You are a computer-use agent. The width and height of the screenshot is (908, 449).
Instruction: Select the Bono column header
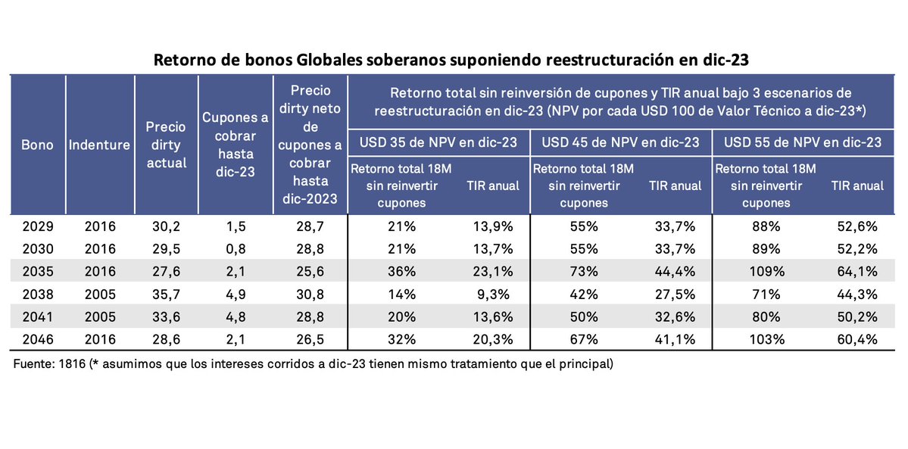click(36, 145)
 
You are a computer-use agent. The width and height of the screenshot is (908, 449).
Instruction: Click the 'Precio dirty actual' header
click(166, 145)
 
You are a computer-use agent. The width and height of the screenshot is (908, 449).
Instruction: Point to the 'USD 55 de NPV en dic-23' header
click(802, 142)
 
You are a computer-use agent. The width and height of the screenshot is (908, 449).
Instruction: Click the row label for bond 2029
click(36, 226)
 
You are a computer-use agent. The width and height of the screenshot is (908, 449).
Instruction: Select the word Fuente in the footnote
click(34, 364)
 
